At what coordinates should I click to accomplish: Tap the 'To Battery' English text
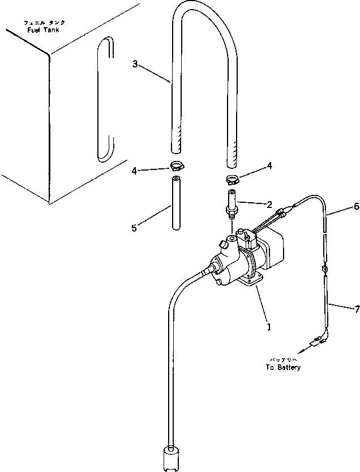[283, 367]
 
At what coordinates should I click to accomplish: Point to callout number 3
[135, 64]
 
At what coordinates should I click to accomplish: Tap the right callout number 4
[269, 165]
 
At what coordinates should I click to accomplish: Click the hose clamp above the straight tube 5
[175, 167]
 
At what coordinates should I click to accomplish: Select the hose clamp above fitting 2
[232, 180]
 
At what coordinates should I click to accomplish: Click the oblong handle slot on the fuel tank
[102, 99]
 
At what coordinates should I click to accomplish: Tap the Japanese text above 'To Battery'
[284, 359]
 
